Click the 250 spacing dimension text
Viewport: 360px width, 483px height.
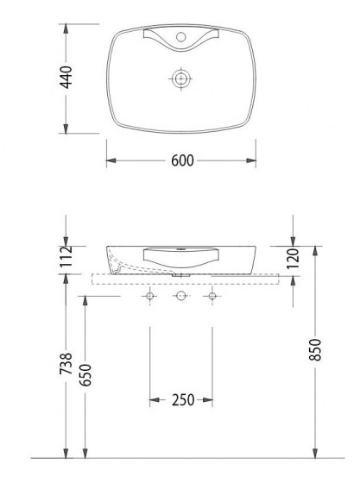(181, 400)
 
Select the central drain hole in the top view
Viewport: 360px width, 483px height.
(181, 78)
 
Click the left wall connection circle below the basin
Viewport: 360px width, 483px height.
(151, 297)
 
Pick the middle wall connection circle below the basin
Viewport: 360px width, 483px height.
(181, 297)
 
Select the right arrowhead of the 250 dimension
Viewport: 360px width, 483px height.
(208, 400)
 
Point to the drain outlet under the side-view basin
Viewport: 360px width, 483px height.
(181, 275)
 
